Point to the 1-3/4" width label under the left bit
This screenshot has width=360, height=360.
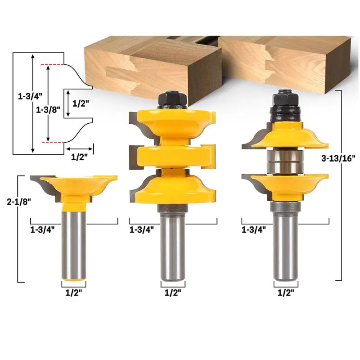point(42,229)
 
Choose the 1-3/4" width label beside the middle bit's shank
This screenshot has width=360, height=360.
point(142,229)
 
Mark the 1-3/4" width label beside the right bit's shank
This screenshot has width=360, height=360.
point(253,229)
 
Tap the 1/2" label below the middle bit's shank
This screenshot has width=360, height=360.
point(173,292)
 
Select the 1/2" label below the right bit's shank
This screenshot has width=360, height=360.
point(286,292)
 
